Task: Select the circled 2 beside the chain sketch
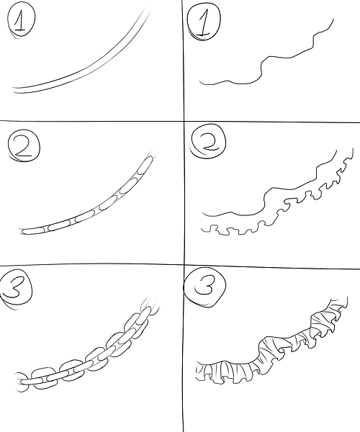23,148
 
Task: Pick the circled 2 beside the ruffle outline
207,146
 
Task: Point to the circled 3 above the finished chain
19,286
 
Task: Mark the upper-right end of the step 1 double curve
149,13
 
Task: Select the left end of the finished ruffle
199,371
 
